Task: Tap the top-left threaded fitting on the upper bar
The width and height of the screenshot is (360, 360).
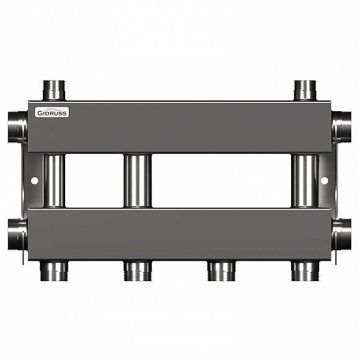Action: pyautogui.click(x=55, y=91)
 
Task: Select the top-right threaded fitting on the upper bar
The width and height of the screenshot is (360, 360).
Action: pyautogui.click(x=305, y=91)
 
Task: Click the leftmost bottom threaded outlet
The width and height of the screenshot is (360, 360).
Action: pyautogui.click(x=55, y=270)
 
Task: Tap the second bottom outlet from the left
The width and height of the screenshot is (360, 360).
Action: pyautogui.click(x=138, y=270)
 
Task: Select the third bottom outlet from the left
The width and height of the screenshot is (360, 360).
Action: pyautogui.click(x=221, y=270)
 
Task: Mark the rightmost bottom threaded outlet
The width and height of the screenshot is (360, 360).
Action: pyautogui.click(x=305, y=270)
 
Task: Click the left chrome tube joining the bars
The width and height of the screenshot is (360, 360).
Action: pyautogui.click(x=55, y=181)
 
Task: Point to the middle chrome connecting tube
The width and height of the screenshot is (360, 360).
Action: pyautogui.click(x=138, y=181)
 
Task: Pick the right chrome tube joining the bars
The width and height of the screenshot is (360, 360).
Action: pyautogui.click(x=305, y=181)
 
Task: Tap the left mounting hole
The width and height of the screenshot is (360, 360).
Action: pyautogui.click(x=34, y=181)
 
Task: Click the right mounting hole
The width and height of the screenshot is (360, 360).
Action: pyautogui.click(x=325, y=181)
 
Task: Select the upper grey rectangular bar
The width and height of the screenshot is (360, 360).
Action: pyautogui.click(x=180, y=127)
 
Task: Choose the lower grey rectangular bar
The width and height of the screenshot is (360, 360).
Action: pyautogui.click(x=180, y=234)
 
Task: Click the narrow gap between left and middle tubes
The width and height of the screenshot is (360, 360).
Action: pyautogui.click(x=95, y=181)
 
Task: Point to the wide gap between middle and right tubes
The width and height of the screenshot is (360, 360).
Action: pyautogui.click(x=222, y=181)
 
